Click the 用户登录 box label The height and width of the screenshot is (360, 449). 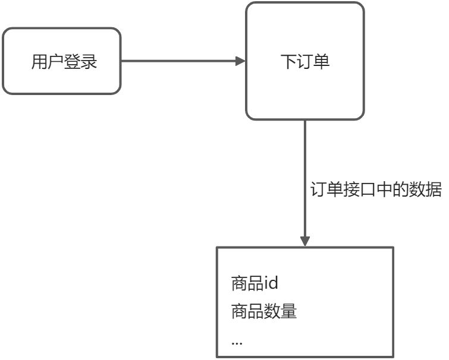point(64,61)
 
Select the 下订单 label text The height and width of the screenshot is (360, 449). point(305,61)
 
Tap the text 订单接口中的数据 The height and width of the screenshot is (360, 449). point(376,190)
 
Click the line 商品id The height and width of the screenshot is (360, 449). point(255,283)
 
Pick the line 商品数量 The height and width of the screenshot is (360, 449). point(263,311)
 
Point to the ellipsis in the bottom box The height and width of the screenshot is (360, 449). point(237,343)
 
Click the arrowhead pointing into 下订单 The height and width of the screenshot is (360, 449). point(240,61)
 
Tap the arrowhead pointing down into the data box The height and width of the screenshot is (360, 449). point(305,241)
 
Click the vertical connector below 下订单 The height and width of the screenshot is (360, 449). point(305,183)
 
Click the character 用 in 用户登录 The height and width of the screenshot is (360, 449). point(39,61)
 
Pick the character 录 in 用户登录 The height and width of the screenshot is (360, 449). point(89,61)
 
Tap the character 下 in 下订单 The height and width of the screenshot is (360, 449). point(288,61)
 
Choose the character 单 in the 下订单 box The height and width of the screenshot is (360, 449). point(322,61)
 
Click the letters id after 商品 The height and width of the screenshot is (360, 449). point(271,283)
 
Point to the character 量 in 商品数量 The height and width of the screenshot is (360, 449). point(288,311)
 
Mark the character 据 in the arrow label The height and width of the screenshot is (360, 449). point(434,190)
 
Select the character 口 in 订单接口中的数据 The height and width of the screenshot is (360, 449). point(368,190)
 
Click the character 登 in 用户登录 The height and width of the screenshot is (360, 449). point(73,61)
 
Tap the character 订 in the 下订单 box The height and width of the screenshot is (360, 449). point(305,61)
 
